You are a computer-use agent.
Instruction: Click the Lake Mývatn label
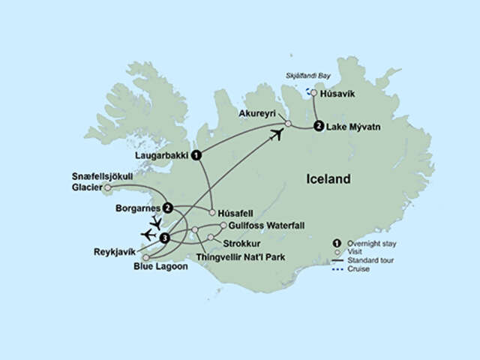tap(353, 126)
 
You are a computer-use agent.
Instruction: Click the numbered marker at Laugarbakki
tap(196, 155)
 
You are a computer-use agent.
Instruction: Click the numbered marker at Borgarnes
tap(169, 208)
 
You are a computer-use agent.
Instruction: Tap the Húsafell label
tap(241, 211)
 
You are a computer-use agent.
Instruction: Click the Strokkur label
tap(240, 241)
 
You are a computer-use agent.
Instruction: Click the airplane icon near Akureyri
tap(277, 134)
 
